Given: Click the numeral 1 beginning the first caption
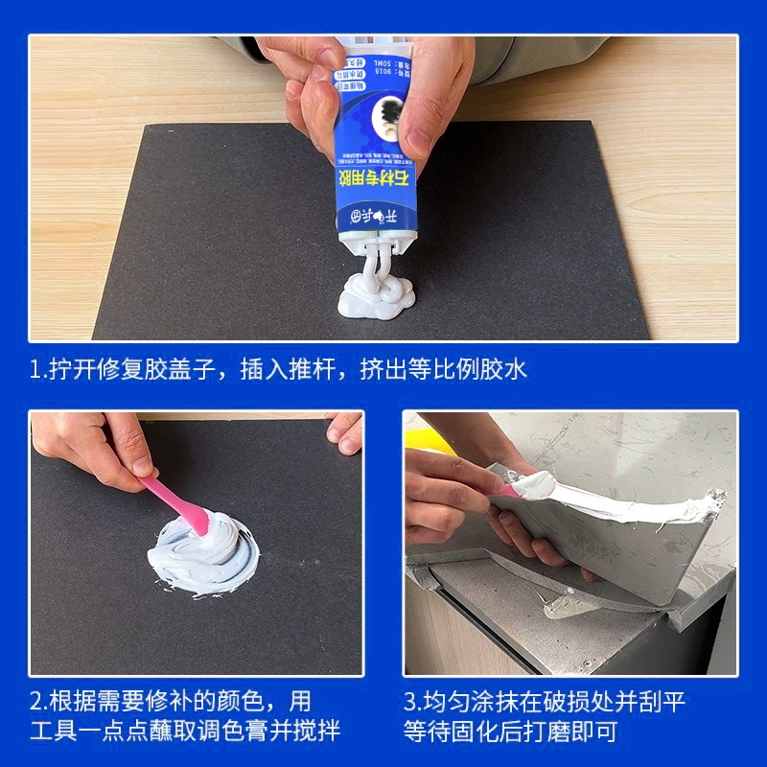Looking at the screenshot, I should pos(35,369).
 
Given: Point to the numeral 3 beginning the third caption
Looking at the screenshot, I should pos(409,701).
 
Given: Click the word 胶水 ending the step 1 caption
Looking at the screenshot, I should pos(504,369).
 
